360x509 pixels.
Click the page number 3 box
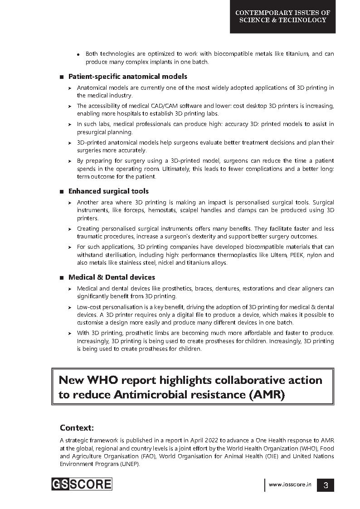(325, 485)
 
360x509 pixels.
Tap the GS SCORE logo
(82, 484)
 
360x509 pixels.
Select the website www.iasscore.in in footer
(290, 485)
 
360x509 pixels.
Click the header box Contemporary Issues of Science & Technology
(282, 17)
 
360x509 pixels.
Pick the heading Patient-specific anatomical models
(127, 77)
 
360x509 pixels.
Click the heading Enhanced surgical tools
(108, 191)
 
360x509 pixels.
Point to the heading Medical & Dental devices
(112, 277)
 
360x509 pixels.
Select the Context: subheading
(77, 427)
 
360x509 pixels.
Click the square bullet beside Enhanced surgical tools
(62, 192)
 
